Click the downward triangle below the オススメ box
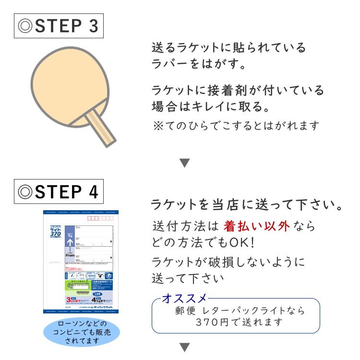(185, 347)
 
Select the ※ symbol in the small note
(157, 125)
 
